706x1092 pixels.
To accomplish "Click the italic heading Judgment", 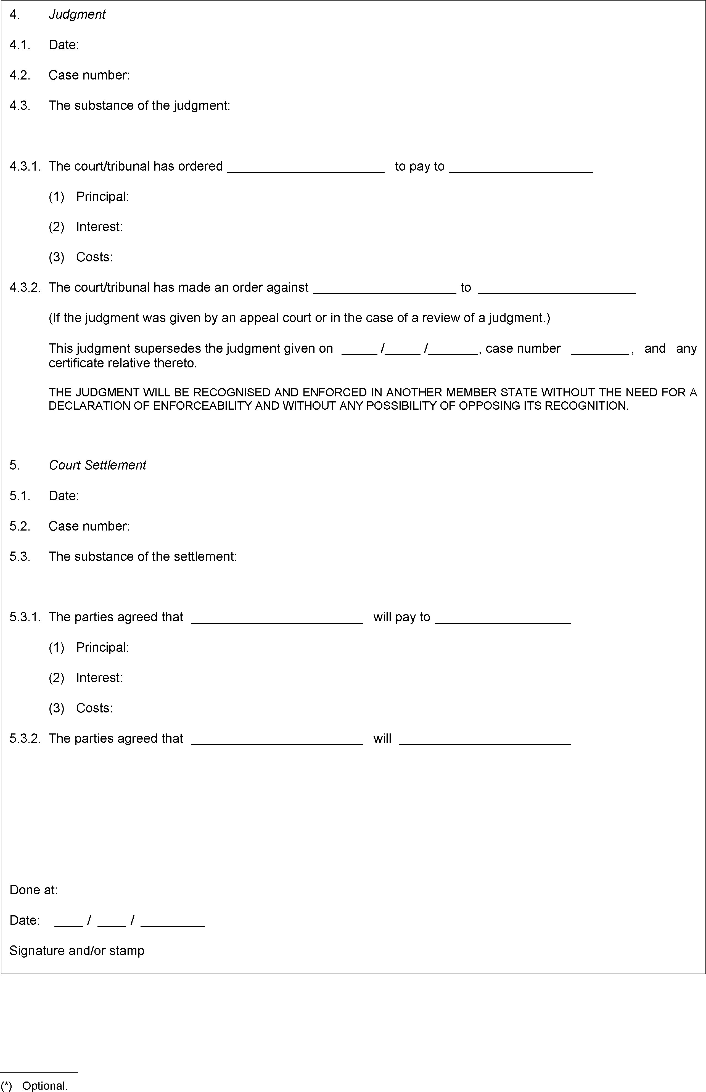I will (x=77, y=15).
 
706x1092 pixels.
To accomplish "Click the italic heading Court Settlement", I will (x=97, y=465).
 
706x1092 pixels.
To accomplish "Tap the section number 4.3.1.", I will (x=25, y=166).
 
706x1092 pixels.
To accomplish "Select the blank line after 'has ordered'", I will (x=306, y=171).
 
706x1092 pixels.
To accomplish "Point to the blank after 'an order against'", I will (x=385, y=291).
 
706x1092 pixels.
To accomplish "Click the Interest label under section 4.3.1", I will (x=99, y=227).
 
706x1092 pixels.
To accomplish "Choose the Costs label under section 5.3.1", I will (x=94, y=708).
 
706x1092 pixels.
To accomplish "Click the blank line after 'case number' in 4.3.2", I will (x=600, y=353).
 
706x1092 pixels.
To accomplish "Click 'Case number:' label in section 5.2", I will (x=89, y=526).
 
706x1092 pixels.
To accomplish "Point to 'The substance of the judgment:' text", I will (x=139, y=106).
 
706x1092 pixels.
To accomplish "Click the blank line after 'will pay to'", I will (x=503, y=621).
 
